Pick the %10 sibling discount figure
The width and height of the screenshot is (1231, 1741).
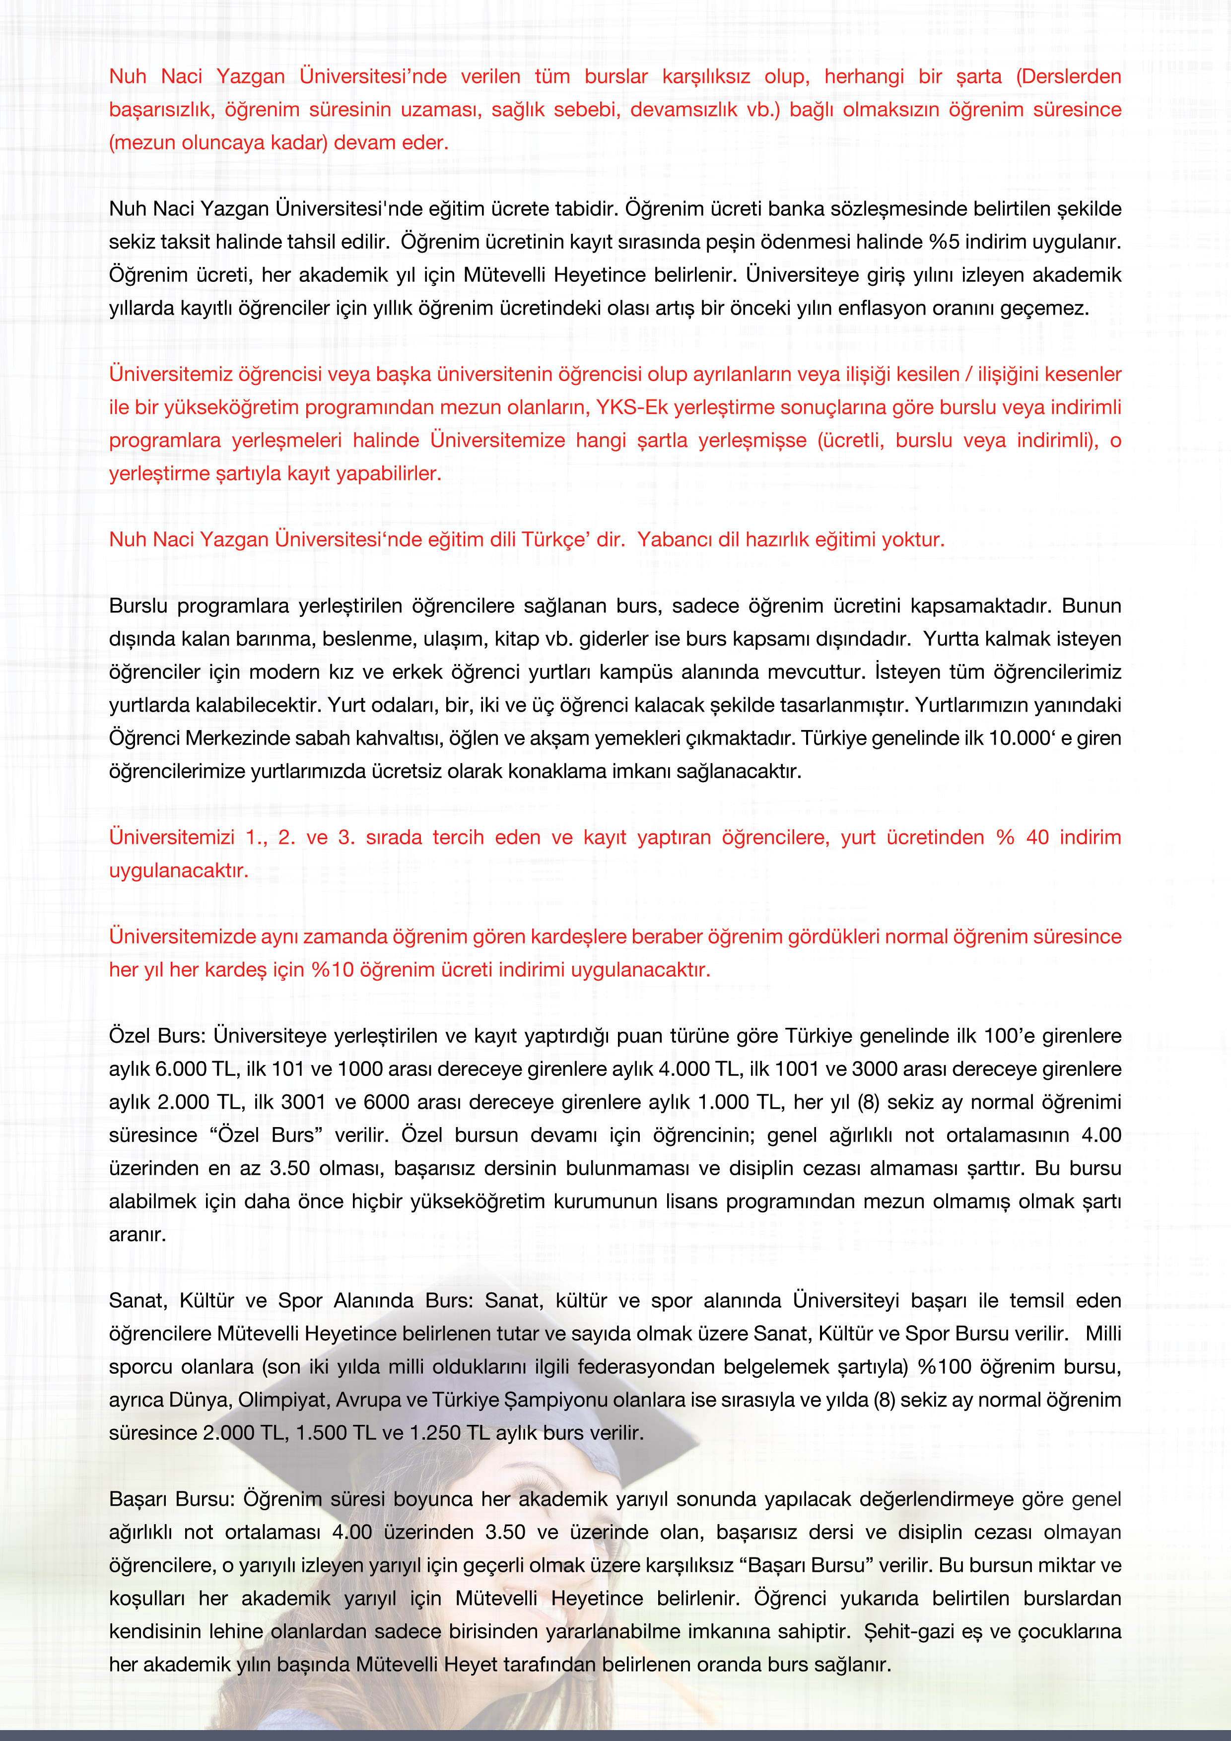332,970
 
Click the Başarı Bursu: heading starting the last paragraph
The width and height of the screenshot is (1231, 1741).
172,1499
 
